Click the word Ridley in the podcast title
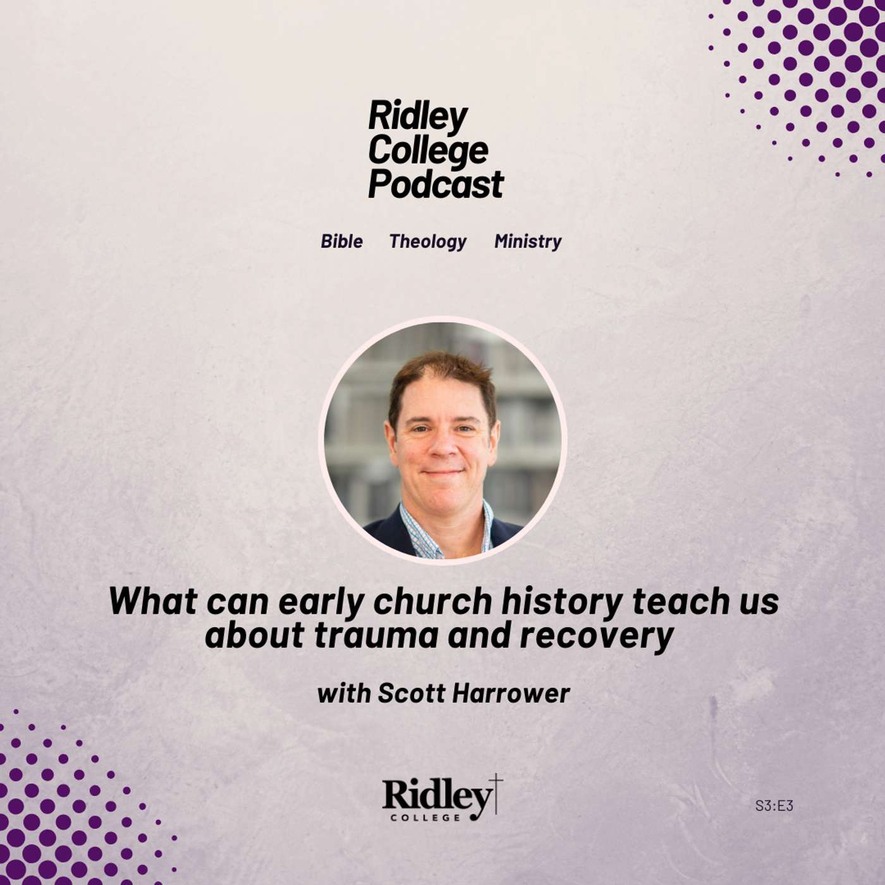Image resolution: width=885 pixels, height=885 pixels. click(x=417, y=116)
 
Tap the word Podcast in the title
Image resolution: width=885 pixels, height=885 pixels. click(x=436, y=185)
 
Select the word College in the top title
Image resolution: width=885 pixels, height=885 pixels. click(x=428, y=150)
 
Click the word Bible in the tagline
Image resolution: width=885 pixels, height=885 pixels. click(x=341, y=241)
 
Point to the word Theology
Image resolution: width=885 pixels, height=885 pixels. click(x=427, y=241)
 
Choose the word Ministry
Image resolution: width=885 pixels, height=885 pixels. click(x=528, y=241)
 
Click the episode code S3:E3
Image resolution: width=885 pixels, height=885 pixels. click(x=774, y=805)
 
